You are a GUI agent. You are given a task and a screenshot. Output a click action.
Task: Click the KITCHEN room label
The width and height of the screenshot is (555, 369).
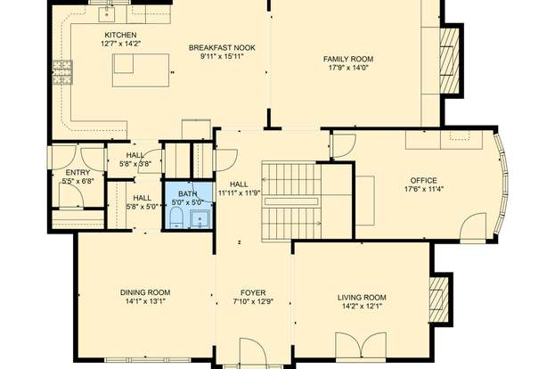point(120,35)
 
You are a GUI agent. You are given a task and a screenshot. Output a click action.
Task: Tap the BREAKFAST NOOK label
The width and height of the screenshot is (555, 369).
point(222,48)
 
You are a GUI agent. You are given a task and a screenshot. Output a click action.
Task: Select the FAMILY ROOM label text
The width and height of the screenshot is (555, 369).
point(348,59)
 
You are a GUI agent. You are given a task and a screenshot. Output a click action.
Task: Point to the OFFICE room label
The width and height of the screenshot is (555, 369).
point(424,180)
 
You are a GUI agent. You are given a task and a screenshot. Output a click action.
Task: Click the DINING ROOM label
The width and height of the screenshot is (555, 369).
point(145,292)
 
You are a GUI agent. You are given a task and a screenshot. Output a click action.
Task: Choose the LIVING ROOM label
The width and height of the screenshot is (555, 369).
point(362,298)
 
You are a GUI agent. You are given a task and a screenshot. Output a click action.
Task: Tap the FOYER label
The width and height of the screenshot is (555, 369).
point(253,293)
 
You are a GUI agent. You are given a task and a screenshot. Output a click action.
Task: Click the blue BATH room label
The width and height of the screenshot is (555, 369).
point(188,193)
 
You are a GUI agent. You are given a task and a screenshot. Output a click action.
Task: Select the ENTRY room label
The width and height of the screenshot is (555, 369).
point(78,172)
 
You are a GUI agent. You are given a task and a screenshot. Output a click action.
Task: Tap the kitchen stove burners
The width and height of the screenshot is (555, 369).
point(63,72)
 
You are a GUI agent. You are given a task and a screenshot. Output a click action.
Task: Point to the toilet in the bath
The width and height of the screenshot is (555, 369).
point(175,217)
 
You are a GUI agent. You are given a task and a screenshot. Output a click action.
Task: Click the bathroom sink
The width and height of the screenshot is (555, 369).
point(200,219)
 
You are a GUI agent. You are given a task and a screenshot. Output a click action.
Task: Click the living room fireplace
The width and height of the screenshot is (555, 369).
point(438,299)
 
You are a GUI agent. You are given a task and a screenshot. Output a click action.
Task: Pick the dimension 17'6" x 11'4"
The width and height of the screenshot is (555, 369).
point(424,190)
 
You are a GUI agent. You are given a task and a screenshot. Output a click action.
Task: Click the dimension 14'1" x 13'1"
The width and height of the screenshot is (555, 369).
point(145,302)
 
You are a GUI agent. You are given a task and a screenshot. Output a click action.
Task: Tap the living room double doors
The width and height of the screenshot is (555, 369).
point(361,345)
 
